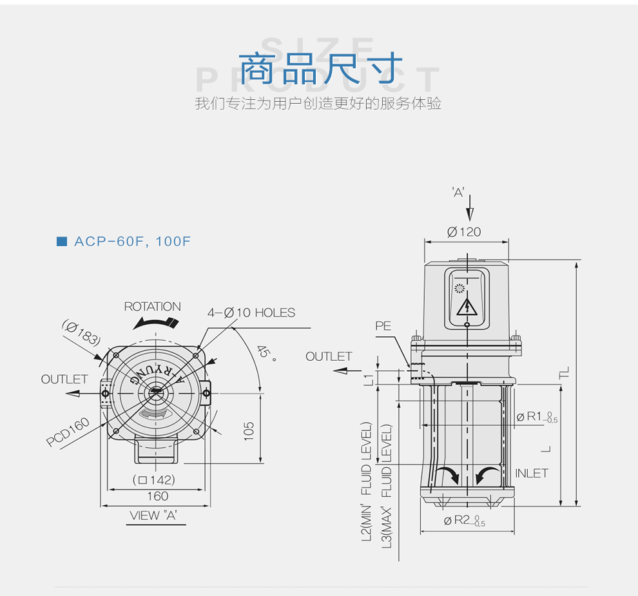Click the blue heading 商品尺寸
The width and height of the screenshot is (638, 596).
pos(320,68)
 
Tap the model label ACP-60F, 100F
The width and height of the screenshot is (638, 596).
pos(133,242)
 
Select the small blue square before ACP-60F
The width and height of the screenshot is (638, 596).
pos(62,242)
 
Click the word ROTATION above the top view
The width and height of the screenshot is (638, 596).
pos(152,307)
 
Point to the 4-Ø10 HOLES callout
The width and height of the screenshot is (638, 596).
pos(251,313)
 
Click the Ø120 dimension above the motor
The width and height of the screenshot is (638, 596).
pos(464,232)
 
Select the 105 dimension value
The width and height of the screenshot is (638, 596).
pos(249,431)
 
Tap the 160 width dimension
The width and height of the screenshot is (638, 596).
pos(157,496)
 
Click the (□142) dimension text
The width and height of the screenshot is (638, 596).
pos(154,480)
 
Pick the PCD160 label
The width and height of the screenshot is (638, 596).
pos(68,433)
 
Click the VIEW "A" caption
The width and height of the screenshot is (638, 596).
pos(153,515)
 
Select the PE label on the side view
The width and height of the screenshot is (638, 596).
pos(383,326)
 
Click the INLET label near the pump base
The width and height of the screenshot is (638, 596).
pos(532,473)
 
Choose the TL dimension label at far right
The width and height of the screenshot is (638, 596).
pos(565,372)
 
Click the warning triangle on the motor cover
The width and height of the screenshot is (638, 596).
pos(466,307)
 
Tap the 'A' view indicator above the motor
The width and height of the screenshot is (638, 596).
pos(458,192)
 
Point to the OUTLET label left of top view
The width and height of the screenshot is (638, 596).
pos(64,380)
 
